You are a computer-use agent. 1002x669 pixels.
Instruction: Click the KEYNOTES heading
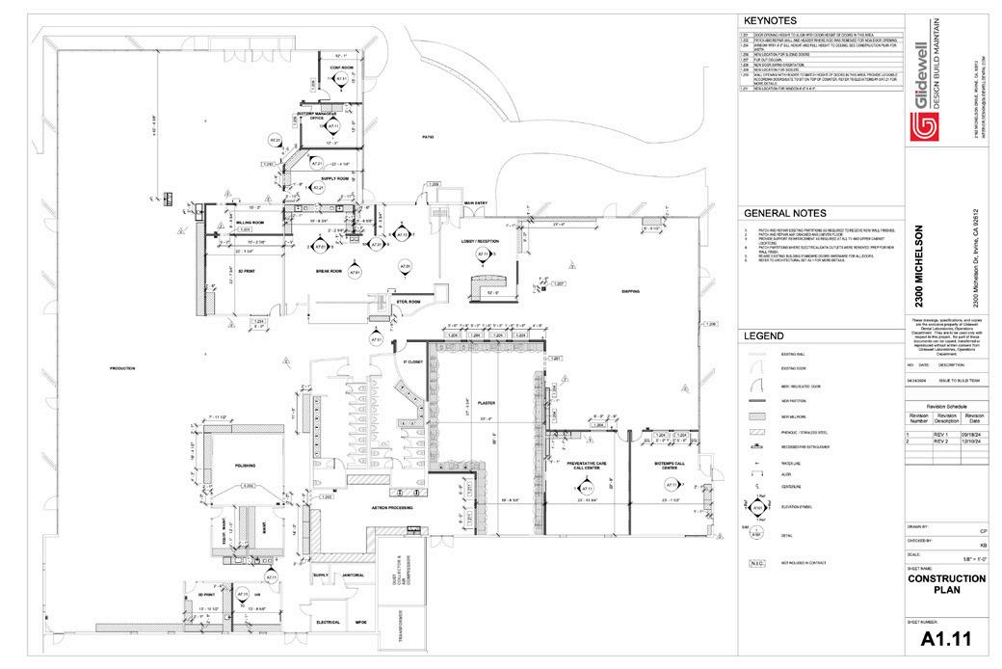click(769, 20)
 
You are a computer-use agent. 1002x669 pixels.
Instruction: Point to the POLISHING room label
click(246, 465)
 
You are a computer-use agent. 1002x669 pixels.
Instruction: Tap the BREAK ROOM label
click(330, 271)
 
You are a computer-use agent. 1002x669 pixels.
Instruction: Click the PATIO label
click(428, 137)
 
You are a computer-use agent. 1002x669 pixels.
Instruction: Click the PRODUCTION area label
click(121, 368)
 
